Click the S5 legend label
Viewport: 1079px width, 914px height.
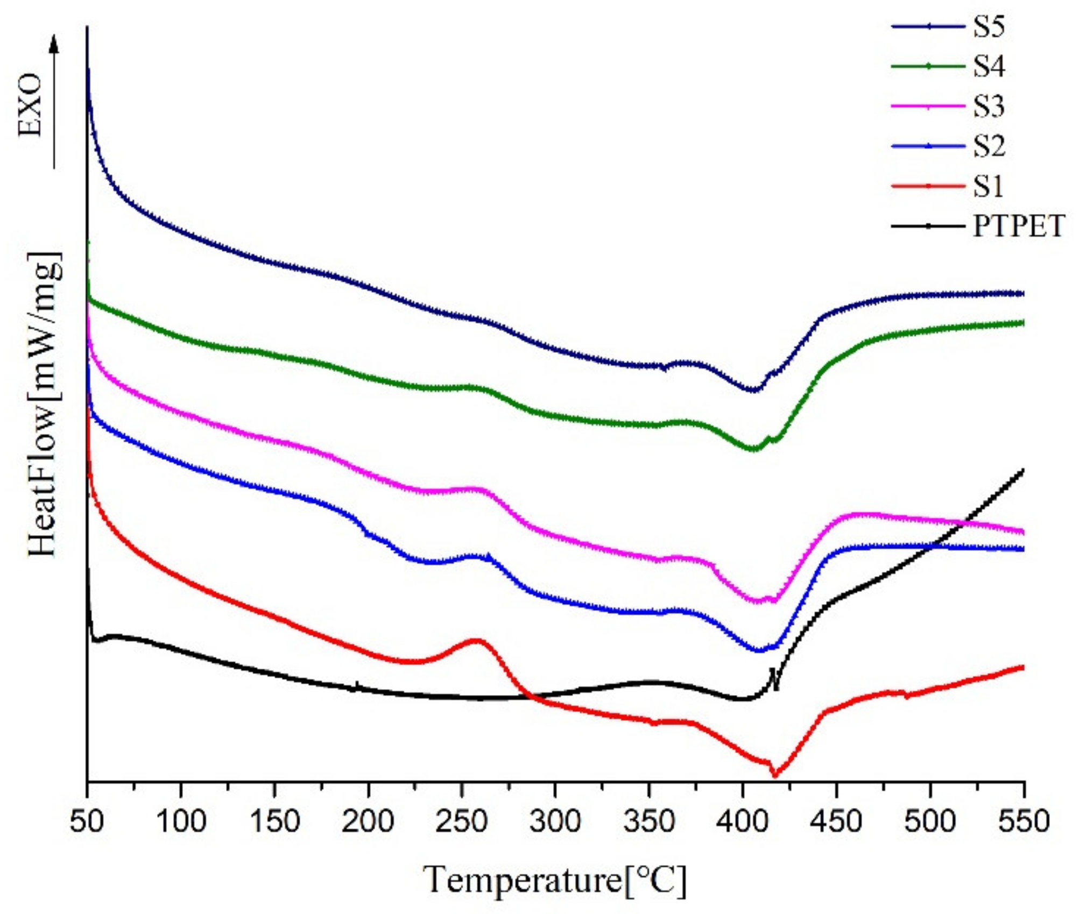pos(989,27)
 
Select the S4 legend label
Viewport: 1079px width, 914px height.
pos(989,67)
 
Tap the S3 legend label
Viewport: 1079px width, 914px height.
pos(989,107)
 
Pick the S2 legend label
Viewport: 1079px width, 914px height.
pos(989,146)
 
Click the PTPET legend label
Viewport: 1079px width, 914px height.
pos(1018,226)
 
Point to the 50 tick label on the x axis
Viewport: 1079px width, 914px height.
pos(87,821)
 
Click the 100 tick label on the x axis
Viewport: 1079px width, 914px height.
pos(180,821)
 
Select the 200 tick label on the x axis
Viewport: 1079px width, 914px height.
pos(368,821)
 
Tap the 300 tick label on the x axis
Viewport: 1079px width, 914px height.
pos(555,821)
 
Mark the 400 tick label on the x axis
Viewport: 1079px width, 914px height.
pos(742,821)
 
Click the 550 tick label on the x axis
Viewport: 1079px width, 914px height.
pos(1023,821)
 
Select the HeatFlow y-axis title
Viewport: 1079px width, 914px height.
pos(44,404)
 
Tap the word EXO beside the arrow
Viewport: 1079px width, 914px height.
pos(31,105)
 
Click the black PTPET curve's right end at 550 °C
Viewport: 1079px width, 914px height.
pos(1022,470)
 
